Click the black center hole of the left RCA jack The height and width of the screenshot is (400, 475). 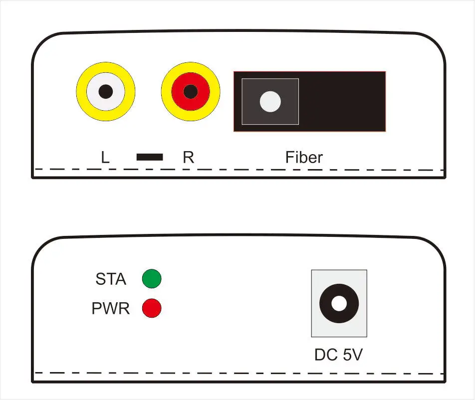[106, 91]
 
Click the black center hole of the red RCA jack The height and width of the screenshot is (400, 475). [191, 91]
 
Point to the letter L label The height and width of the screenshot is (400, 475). [105, 158]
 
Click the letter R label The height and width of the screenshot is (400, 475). [188, 158]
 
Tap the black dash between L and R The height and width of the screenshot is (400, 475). [150, 157]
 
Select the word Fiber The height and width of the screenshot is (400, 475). [304, 158]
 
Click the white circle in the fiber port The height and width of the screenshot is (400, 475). [270, 101]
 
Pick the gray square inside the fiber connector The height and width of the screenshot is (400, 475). [270, 101]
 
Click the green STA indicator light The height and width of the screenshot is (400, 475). [152, 279]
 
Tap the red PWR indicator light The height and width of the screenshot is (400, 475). [152, 308]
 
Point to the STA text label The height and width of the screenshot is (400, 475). [111, 279]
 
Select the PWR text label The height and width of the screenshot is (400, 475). [111, 308]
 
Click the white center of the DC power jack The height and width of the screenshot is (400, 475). [339, 303]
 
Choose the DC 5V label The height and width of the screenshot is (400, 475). [338, 355]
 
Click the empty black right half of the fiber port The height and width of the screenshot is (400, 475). [342, 101]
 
